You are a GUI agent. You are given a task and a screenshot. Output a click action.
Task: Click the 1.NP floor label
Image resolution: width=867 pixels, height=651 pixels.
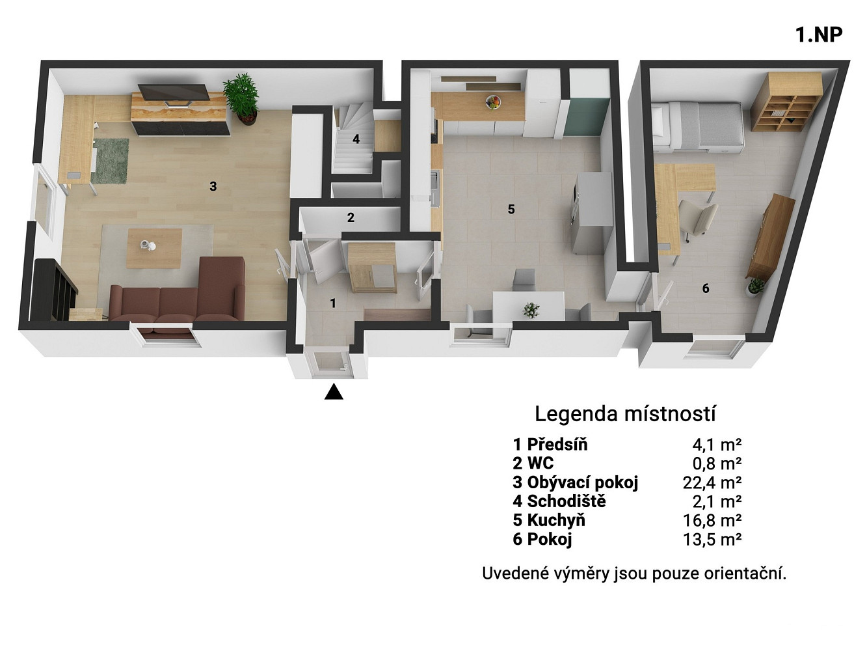click(x=819, y=35)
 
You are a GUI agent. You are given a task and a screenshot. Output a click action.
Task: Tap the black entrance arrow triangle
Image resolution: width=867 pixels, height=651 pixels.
click(x=334, y=391)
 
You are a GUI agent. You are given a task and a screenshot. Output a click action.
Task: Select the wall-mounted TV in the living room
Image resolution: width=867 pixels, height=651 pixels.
click(x=174, y=95)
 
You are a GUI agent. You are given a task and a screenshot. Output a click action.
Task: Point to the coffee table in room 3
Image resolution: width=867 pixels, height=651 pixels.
click(x=154, y=248)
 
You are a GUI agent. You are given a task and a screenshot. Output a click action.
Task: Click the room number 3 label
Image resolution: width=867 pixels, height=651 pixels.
click(x=213, y=186)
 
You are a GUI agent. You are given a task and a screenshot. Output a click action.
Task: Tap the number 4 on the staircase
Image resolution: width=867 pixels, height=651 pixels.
click(x=356, y=139)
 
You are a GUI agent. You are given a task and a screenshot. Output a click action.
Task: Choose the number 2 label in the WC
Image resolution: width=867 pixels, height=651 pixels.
click(x=351, y=217)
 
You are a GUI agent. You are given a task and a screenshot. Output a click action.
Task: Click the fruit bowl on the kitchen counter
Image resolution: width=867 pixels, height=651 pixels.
click(x=494, y=102)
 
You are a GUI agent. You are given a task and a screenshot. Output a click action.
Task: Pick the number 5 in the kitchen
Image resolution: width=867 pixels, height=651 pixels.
click(x=511, y=209)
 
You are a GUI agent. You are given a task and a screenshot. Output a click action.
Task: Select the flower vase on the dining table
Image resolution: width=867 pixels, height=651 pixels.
click(x=531, y=310)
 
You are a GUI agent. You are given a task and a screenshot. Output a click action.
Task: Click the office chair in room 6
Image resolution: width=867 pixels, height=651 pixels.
click(x=698, y=219)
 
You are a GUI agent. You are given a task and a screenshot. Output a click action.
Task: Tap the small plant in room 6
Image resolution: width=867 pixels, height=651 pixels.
click(x=755, y=287)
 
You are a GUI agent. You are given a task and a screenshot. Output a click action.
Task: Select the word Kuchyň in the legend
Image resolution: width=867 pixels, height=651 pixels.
click(x=556, y=521)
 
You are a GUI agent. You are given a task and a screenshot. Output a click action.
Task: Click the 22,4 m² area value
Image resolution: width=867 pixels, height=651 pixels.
click(x=712, y=482)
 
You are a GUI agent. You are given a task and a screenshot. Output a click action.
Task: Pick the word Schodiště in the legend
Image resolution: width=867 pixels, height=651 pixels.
click(x=567, y=501)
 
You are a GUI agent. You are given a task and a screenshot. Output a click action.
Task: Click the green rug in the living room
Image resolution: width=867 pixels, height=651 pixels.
click(x=110, y=161)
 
